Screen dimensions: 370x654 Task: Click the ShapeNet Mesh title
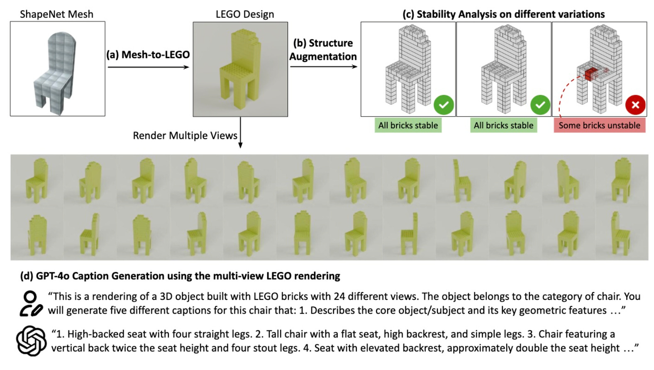click(x=56, y=14)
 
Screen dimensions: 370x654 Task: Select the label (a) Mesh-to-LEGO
click(x=148, y=55)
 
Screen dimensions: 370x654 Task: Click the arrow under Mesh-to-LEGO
click(x=148, y=67)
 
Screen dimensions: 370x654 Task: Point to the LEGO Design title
click(x=245, y=14)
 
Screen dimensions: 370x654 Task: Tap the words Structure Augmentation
click(x=323, y=50)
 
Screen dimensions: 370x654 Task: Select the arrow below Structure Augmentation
click(x=323, y=66)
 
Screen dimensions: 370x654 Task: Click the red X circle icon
click(x=635, y=105)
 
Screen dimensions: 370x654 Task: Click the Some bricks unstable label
click(x=599, y=125)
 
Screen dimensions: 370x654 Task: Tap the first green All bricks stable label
click(x=408, y=125)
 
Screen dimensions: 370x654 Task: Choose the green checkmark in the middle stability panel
click(x=540, y=105)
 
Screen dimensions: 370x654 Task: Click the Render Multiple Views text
click(x=185, y=136)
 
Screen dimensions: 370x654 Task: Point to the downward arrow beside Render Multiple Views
click(x=240, y=133)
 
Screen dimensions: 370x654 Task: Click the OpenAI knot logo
click(x=31, y=341)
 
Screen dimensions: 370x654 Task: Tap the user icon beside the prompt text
click(x=30, y=304)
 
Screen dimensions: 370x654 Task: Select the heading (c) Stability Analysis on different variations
click(x=503, y=14)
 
